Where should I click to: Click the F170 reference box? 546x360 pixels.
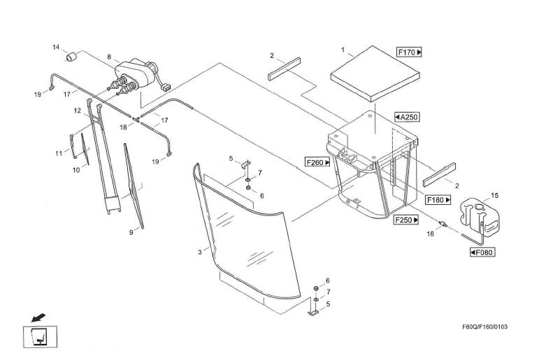[x=410, y=52]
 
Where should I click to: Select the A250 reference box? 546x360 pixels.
[x=407, y=117]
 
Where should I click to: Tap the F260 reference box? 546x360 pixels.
[x=317, y=162]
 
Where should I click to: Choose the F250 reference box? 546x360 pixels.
[x=406, y=219]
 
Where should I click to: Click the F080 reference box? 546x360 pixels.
[x=482, y=252]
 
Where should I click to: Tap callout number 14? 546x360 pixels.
[x=56, y=47]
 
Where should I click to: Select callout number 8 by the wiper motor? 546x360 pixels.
[x=109, y=57]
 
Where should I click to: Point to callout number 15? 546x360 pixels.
[x=494, y=196]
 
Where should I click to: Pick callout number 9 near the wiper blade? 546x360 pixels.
[x=130, y=233]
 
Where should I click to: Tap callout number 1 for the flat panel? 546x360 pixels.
[x=343, y=50]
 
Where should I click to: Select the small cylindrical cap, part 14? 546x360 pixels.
[x=70, y=55]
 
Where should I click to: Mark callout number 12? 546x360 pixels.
[x=78, y=110]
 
